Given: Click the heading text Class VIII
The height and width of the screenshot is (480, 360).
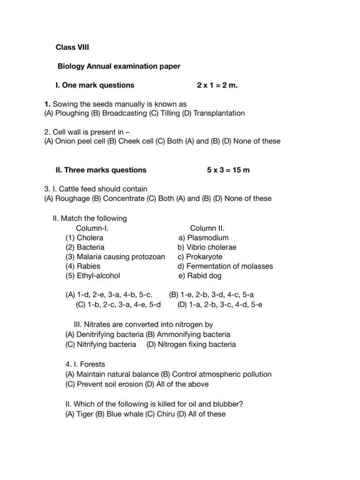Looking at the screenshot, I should (72, 47).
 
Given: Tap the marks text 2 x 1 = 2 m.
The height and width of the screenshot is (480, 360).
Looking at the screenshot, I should (214, 85).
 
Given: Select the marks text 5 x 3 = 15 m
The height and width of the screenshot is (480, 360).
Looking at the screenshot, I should (228, 170).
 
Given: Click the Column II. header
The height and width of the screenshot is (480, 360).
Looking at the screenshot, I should (207, 228).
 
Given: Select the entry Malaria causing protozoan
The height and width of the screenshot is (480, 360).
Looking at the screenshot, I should (115, 257).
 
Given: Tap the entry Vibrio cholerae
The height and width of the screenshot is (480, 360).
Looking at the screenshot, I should (211, 247).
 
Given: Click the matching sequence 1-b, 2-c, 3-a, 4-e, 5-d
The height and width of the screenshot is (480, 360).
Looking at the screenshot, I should (118, 305).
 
